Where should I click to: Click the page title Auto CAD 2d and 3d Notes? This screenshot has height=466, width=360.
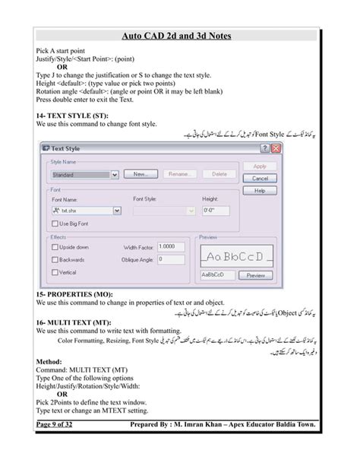click(x=179, y=35)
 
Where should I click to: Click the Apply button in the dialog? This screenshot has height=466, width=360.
click(x=260, y=166)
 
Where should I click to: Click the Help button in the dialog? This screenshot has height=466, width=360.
click(x=260, y=191)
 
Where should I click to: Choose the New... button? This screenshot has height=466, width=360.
click(x=140, y=174)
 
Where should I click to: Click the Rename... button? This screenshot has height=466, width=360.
click(x=179, y=174)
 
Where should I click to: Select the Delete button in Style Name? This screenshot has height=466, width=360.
click(x=219, y=174)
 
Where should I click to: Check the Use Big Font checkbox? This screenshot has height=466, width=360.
click(x=53, y=223)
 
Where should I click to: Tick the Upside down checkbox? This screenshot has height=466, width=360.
click(x=53, y=247)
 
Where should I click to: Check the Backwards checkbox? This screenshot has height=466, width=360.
click(x=53, y=259)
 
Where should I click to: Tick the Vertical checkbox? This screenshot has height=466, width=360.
click(x=53, y=272)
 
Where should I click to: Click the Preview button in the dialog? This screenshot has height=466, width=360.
click(x=257, y=275)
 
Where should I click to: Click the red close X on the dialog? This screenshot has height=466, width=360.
click(x=276, y=148)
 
